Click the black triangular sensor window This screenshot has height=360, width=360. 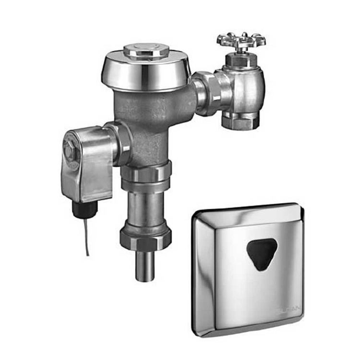(x=262, y=253)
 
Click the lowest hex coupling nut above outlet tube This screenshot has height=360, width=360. (x=145, y=237)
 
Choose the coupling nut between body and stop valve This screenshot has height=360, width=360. (x=206, y=94)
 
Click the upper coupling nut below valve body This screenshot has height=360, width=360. (x=145, y=176)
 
